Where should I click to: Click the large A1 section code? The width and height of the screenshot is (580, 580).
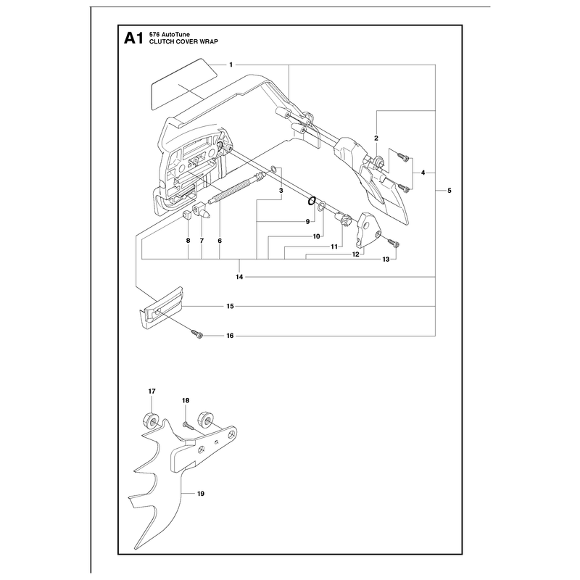[x=133, y=38]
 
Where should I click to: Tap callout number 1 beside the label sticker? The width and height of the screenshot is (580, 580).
[x=231, y=65]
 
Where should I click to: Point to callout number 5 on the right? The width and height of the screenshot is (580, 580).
[x=449, y=191]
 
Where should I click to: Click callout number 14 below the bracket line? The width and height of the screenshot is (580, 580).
[x=239, y=277]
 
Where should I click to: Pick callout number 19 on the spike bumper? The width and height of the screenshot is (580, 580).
[x=201, y=494]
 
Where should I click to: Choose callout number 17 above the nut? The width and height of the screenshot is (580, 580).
[x=152, y=391]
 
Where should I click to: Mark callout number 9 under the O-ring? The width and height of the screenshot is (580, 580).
[x=307, y=222]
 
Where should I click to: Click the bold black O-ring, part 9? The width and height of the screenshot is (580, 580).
[x=311, y=201]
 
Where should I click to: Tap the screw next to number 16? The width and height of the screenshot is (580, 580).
[x=197, y=334]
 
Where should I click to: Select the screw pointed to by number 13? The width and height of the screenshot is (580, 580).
[x=393, y=243]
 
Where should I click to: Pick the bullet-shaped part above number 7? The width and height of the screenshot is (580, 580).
[x=202, y=210]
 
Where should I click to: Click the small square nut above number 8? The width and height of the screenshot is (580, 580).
[x=187, y=215]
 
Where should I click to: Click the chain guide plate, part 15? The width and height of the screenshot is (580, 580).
[x=161, y=307]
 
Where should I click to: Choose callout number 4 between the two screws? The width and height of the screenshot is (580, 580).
[x=423, y=173]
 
